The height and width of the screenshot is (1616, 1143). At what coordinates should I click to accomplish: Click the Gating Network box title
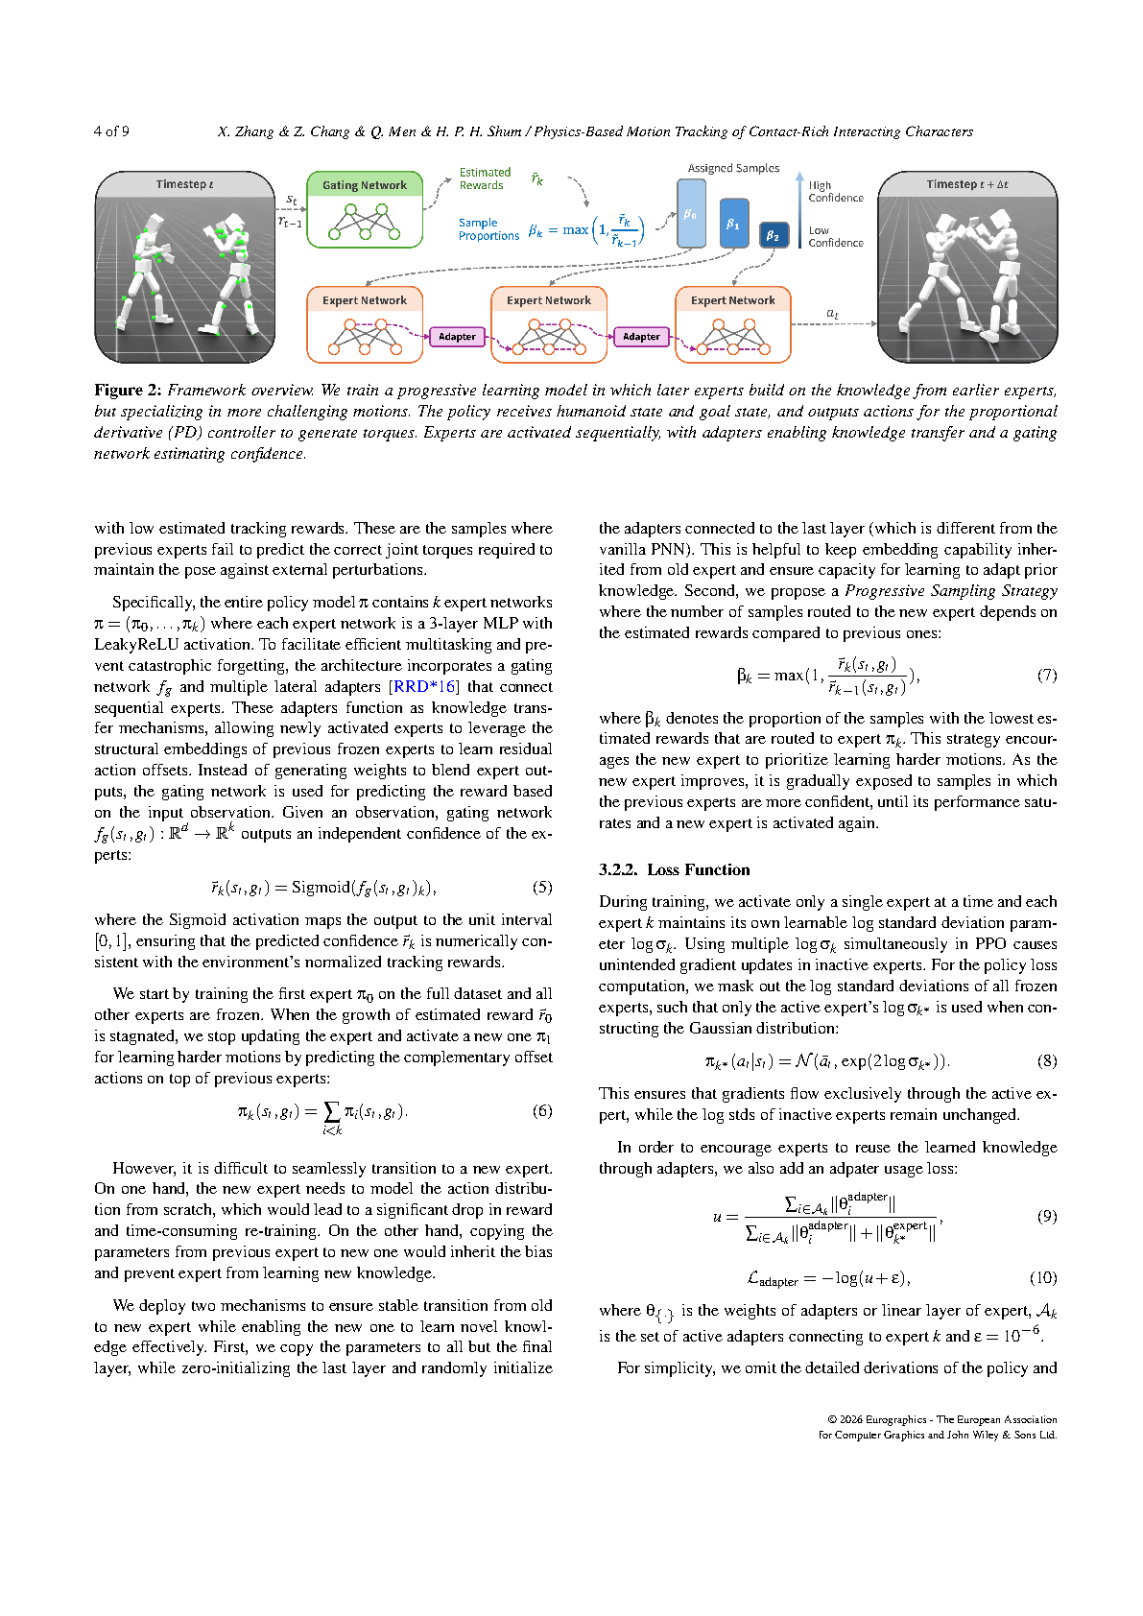364,185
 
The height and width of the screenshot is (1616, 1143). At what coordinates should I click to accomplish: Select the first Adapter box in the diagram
457,337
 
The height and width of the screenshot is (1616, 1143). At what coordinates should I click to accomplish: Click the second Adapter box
641,337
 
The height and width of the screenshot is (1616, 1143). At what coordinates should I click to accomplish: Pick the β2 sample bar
773,235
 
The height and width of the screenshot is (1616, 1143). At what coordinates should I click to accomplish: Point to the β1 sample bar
733,224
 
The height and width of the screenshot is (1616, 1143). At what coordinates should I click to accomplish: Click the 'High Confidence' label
835,192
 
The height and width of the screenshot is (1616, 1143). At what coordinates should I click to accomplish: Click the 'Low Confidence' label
835,237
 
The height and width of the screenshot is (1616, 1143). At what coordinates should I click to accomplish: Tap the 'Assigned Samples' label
733,168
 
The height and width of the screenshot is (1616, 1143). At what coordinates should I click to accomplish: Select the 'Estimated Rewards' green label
485,179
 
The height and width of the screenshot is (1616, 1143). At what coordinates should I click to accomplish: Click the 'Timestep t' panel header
184,184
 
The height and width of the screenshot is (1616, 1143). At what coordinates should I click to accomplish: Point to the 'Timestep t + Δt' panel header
966,184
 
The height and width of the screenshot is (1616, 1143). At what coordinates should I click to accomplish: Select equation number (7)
1047,676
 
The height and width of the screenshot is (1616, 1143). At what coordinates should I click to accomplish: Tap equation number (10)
1043,1278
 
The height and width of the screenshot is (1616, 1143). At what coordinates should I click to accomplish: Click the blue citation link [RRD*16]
424,687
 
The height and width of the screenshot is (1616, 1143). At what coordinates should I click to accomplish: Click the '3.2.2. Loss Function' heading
674,870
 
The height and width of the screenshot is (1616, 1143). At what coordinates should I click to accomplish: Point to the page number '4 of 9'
111,131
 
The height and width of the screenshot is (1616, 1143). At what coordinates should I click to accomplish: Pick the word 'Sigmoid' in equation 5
321,888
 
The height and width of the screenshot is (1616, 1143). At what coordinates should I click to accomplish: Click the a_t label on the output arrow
832,314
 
